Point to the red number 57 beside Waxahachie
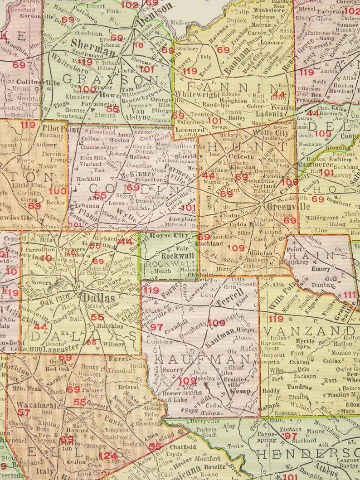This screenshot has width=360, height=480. click(24, 412)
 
